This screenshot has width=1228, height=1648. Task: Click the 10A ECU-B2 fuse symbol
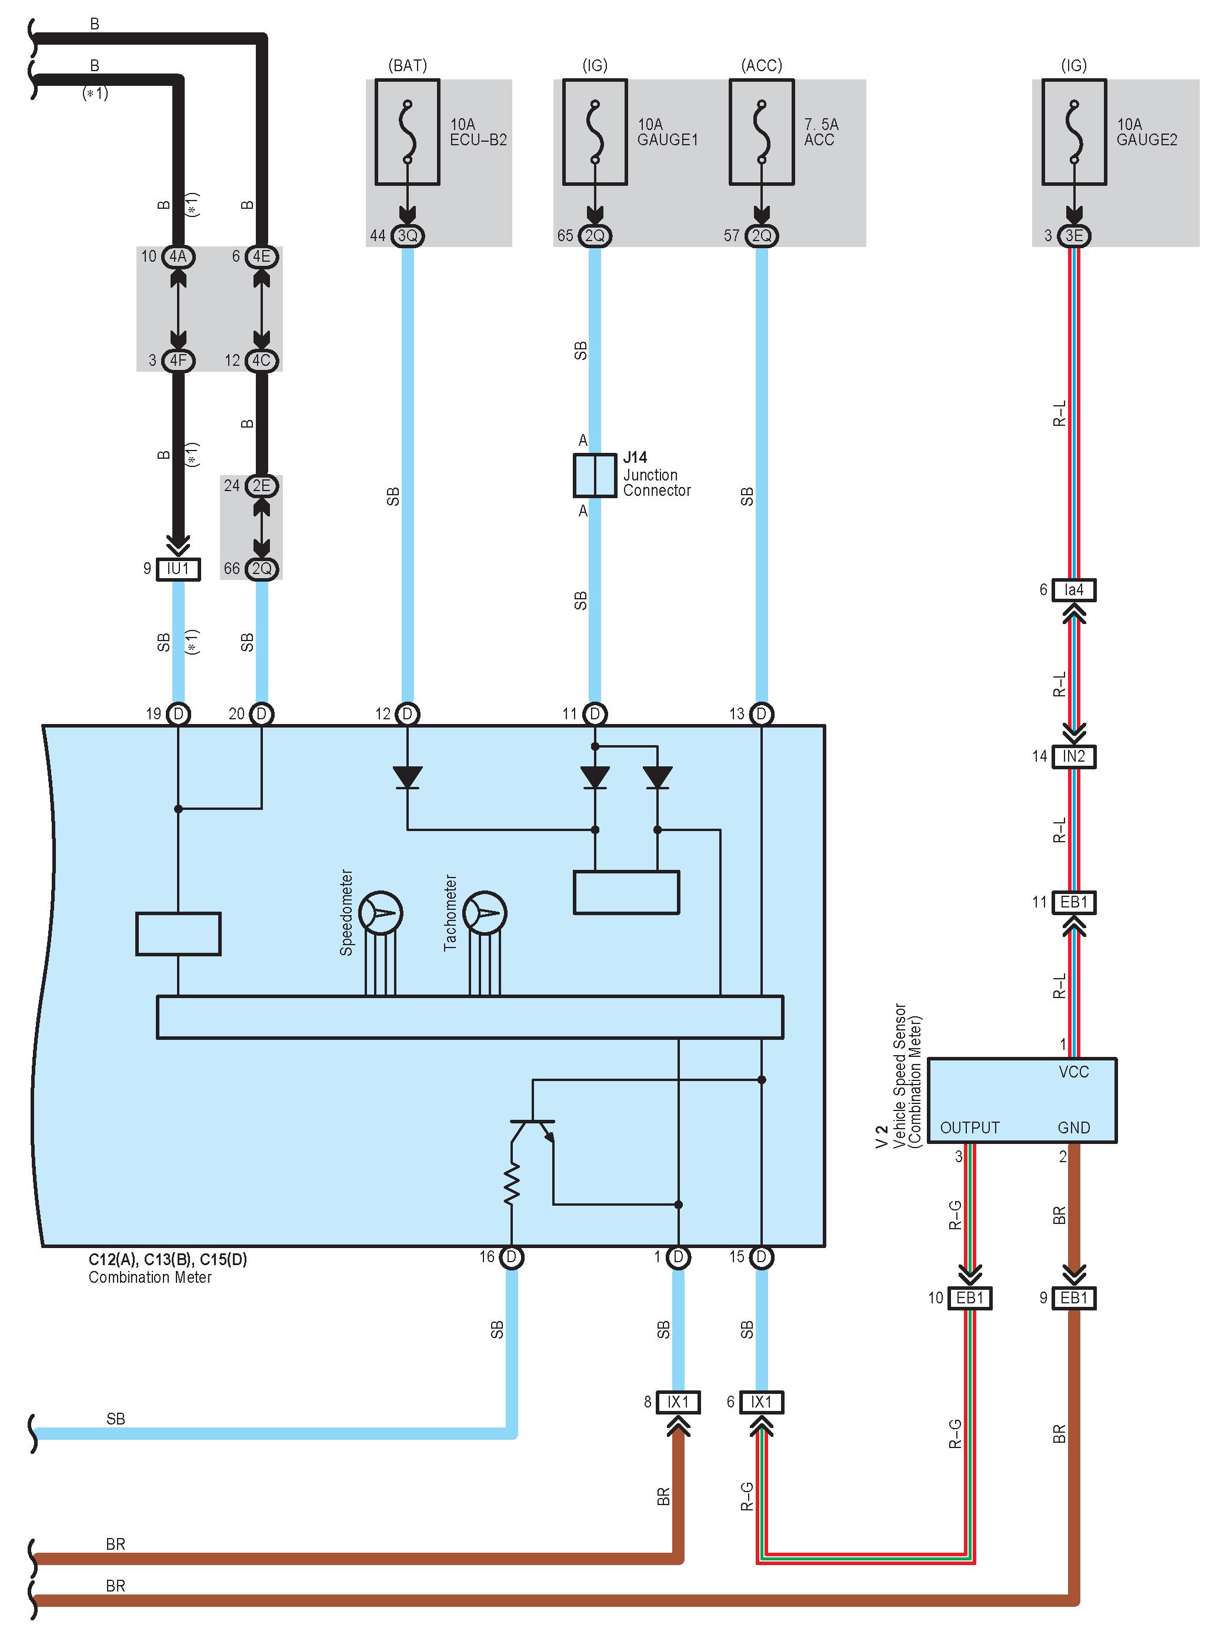tap(408, 132)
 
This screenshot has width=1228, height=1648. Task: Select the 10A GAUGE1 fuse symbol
tap(595, 132)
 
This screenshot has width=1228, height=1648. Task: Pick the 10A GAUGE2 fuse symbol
tap(1074, 132)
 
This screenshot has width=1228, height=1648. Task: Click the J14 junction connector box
tap(595, 476)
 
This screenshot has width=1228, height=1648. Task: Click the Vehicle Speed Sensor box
tap(1022, 1100)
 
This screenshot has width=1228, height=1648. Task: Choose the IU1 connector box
tap(178, 569)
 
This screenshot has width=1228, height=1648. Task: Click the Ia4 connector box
tap(1074, 591)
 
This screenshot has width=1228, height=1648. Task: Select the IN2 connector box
tap(1074, 757)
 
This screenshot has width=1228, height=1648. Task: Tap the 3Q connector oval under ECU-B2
tap(408, 236)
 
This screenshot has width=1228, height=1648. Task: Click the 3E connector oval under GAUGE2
tap(1074, 236)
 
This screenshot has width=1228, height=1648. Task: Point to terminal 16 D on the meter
tap(512, 1257)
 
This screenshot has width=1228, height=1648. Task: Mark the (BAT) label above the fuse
tap(408, 65)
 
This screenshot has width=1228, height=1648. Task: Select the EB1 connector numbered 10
tap(970, 1298)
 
